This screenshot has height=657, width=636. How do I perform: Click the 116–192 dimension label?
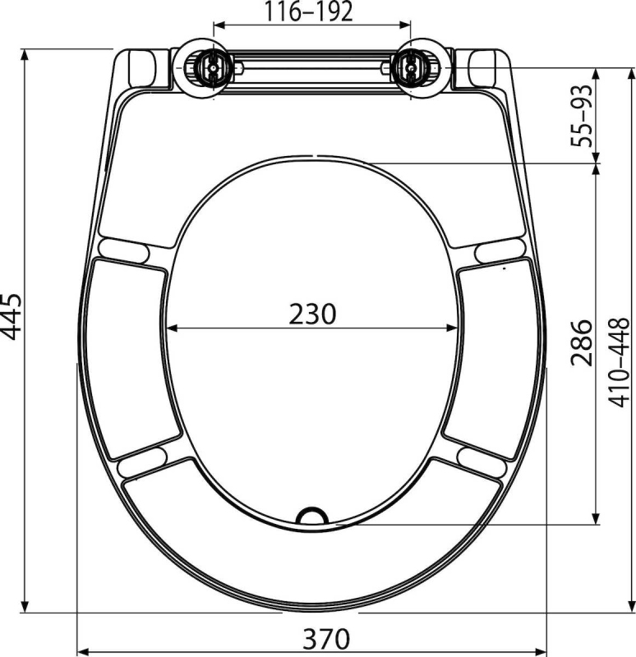coord(308,11)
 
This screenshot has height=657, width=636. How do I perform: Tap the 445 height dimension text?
coord(12,316)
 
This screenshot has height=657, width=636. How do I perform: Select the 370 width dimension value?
coord(326,638)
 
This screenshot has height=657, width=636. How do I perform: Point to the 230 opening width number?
coord(312,314)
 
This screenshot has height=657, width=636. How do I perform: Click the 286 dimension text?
coord(582,342)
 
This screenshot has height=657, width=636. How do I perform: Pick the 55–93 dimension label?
coord(582,116)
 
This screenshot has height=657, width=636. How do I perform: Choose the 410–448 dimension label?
coord(619,362)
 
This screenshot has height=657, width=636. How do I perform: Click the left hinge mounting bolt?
coord(214,67)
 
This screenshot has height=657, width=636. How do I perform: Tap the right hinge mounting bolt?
coord(411,67)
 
